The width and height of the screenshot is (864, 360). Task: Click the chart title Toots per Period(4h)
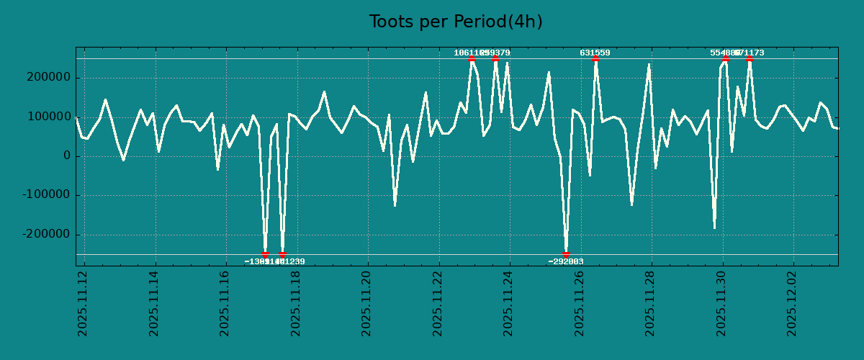pos(456,22)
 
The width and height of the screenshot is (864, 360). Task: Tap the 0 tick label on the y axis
pos(66,156)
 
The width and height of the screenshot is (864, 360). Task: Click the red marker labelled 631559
pos(595,58)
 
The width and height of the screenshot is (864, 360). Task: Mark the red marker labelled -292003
pos(566,254)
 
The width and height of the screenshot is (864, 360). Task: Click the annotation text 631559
pos(595,53)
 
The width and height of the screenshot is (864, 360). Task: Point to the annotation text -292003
pos(566,262)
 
